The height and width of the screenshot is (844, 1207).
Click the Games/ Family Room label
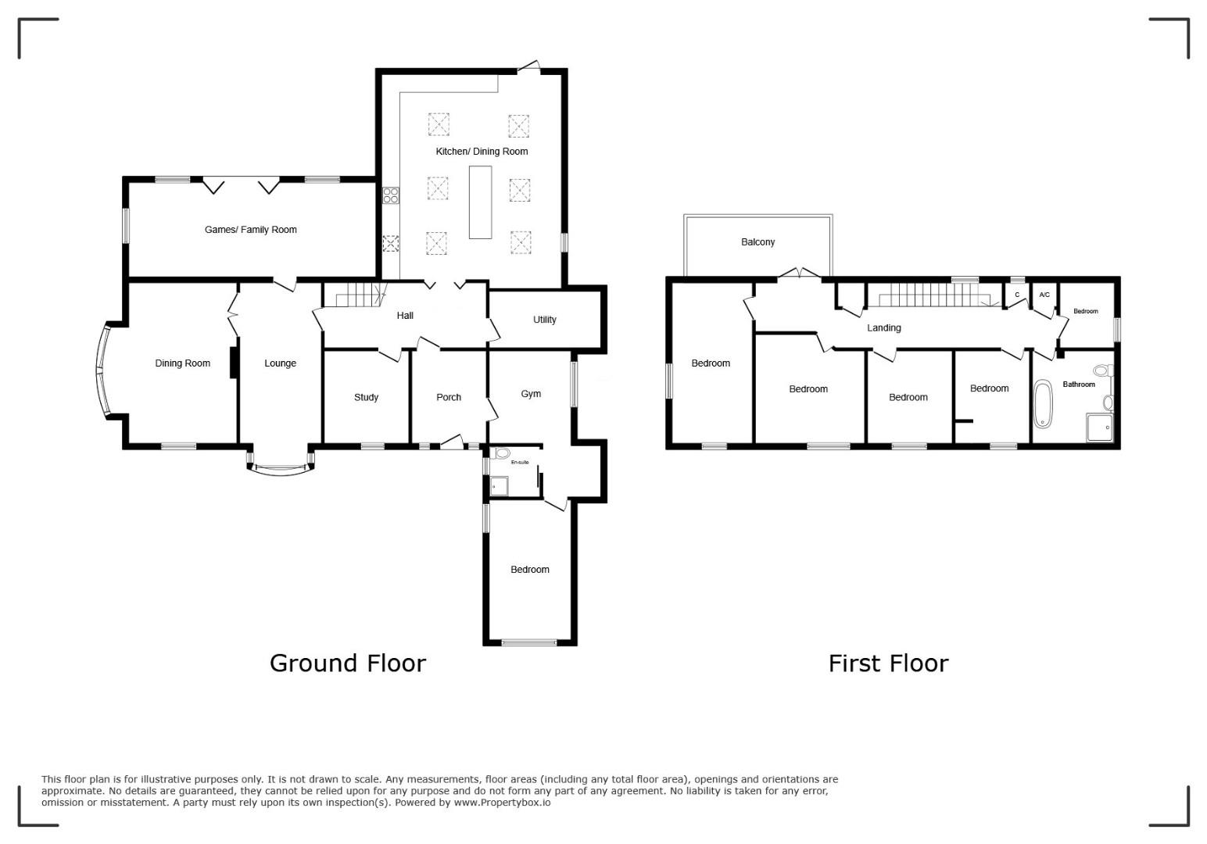251,230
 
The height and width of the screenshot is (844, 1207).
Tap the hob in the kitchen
391,195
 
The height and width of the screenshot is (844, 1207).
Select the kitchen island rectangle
480,202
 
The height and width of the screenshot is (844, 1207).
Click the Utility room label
544,320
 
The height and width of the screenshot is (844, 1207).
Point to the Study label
366,398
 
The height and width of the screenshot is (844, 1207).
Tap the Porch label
448,398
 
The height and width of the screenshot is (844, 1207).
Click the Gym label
531,395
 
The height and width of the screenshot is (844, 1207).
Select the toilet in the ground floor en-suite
502,453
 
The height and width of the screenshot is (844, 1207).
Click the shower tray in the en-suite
499,486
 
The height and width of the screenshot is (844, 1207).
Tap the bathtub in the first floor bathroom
1043,404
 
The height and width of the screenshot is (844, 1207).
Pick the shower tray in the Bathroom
1099,427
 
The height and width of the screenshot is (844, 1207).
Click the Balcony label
758,242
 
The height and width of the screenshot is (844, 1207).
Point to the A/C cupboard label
1044,295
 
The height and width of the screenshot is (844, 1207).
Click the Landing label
883,328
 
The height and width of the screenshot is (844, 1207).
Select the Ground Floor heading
348,663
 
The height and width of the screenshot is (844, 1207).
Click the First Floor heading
888,663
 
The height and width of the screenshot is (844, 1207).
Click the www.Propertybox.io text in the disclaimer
502,803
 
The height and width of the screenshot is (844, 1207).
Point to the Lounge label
280,363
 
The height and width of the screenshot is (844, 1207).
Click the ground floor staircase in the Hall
358,295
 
